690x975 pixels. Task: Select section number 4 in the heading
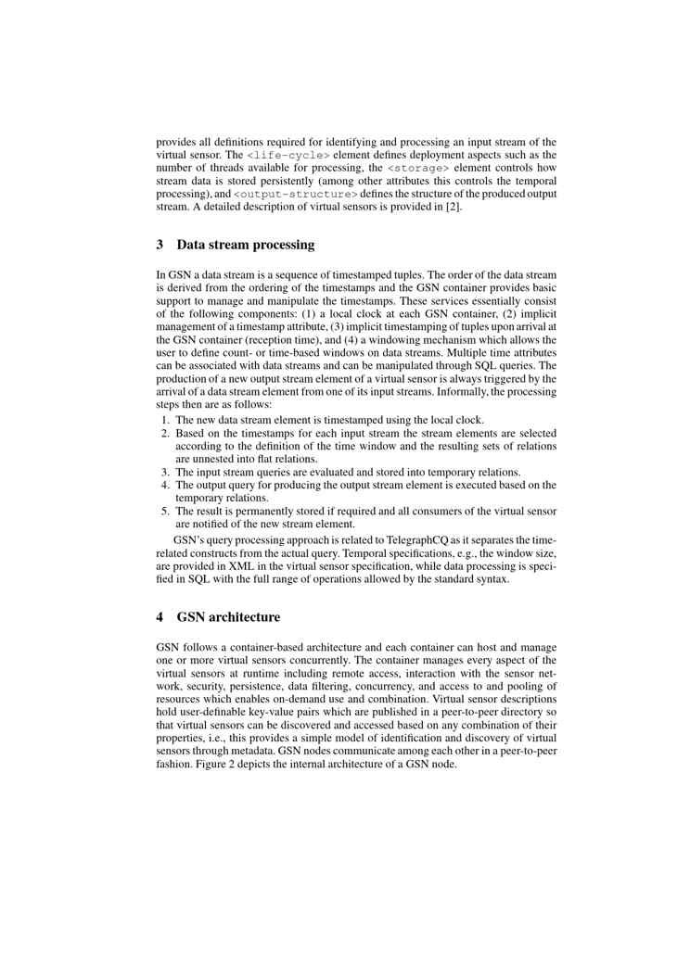[x=160, y=616]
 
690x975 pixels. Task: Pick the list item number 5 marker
[x=165, y=511]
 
